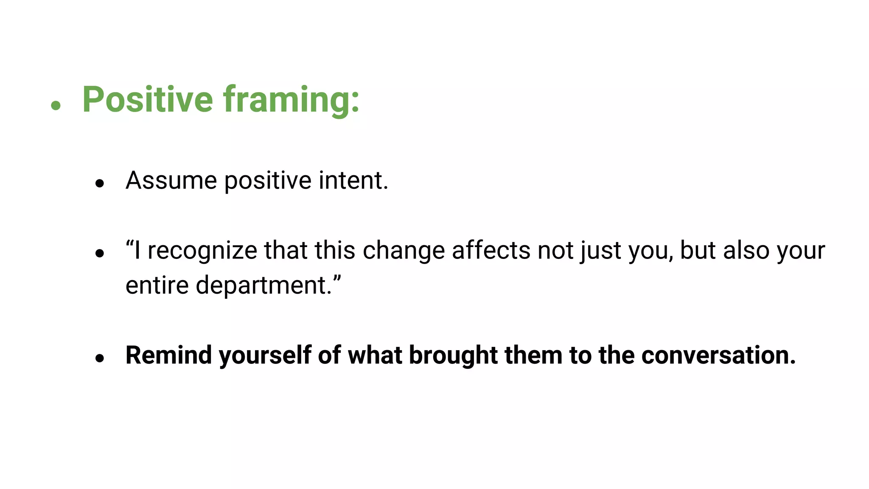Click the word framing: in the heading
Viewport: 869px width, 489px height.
(291, 100)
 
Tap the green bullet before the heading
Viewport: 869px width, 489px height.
(56, 105)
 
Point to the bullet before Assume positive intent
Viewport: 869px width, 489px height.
(100, 184)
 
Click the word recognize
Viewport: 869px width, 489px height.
(202, 250)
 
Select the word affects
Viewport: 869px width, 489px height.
(491, 250)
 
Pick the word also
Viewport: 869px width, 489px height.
(746, 250)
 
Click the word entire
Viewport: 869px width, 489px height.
(157, 285)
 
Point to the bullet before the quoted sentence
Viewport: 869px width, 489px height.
(100, 254)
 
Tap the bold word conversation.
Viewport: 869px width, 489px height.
(718, 355)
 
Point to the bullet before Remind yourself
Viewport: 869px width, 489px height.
(100, 359)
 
